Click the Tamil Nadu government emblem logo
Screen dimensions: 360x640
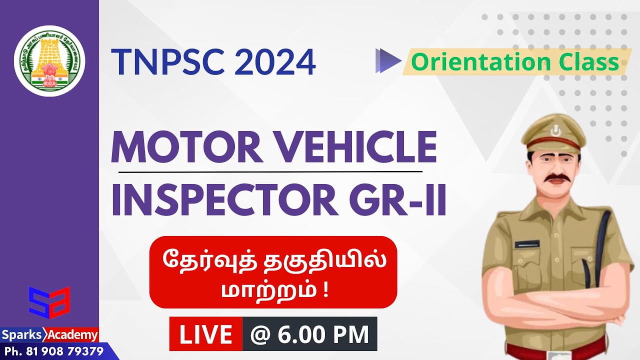pos(49,61)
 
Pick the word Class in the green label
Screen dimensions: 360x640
pos(590,62)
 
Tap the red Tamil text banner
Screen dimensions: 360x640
pos(273,272)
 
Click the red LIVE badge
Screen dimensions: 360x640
pos(206,334)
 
